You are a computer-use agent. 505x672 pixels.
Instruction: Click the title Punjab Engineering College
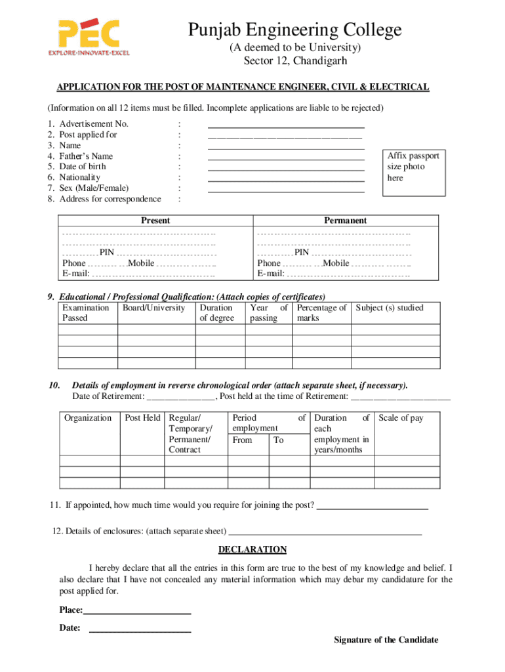pos(294,30)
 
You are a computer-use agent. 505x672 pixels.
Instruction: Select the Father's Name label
pos(86,156)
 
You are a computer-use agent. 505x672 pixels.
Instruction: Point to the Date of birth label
pos(82,167)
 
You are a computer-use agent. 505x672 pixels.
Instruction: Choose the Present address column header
pos(155,220)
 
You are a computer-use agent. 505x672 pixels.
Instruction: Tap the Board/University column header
pos(153,308)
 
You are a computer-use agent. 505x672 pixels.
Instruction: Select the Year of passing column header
pos(268,313)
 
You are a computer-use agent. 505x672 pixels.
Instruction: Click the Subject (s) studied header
pos(390,308)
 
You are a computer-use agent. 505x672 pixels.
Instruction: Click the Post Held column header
pos(142,418)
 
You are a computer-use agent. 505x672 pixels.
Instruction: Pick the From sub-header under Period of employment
pos(242,440)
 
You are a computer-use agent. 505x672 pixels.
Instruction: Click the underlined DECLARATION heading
pos(253,549)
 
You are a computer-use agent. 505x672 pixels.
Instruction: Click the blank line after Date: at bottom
pos(140,631)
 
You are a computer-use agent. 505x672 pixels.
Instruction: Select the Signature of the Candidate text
pos(386,640)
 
